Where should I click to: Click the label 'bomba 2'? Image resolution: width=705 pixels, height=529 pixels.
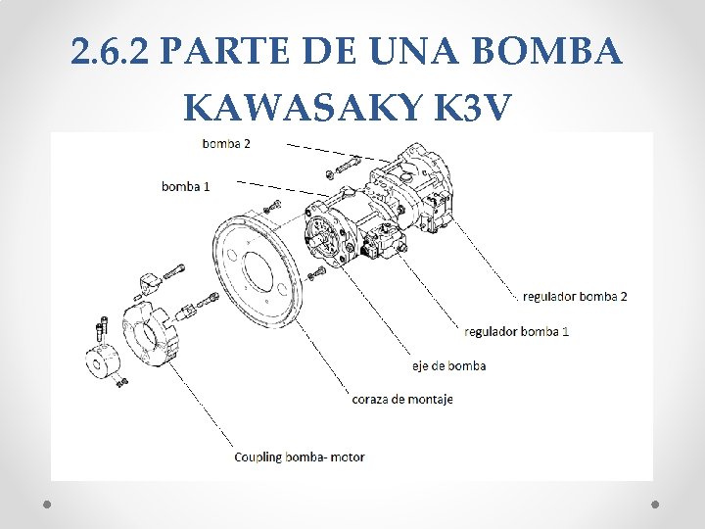(226, 143)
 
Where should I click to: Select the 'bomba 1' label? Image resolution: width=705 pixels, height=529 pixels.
(186, 186)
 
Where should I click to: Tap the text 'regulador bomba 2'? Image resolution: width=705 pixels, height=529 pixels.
(575, 296)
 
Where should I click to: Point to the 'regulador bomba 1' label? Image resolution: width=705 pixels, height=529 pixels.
(516, 331)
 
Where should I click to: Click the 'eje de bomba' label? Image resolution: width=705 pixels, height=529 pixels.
(448, 365)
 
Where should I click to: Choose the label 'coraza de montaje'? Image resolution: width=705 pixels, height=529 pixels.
(401, 399)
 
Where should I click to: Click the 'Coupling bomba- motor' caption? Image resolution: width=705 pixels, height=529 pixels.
(300, 457)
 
